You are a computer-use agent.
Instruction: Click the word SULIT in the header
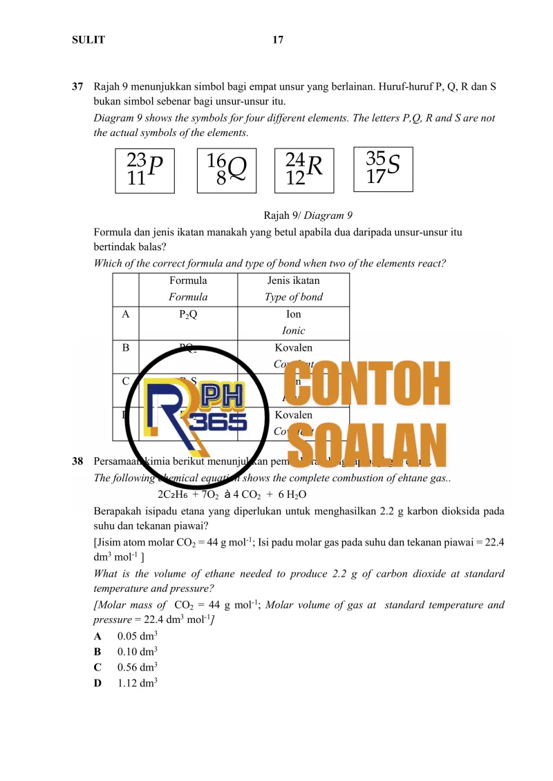tap(88, 40)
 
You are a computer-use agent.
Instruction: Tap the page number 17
tap(278, 40)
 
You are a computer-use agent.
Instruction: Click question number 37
tap(78, 88)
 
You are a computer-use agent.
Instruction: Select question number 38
tap(78, 461)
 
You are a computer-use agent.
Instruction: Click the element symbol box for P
tap(145, 170)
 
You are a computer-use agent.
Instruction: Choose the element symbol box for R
tap(304, 170)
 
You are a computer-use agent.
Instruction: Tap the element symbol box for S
tap(383, 168)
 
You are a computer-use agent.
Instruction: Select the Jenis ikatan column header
tap(293, 281)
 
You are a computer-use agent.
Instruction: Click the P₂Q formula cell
tap(188, 314)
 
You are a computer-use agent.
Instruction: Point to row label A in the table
tap(125, 314)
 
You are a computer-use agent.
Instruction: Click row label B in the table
tap(125, 348)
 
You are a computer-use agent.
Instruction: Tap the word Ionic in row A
tap(293, 331)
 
